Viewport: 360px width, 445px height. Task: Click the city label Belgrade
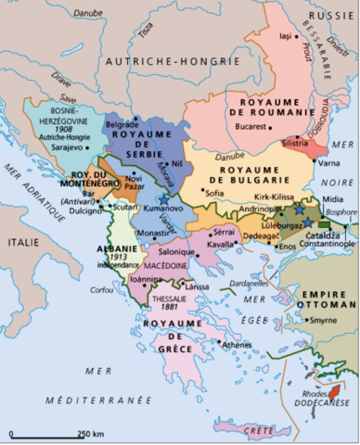click(x=122, y=124)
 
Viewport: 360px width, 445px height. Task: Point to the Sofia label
click(x=214, y=193)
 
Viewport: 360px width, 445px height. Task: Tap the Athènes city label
click(x=238, y=344)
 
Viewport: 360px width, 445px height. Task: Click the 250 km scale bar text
click(x=90, y=433)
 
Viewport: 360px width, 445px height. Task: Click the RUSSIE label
click(x=330, y=16)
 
